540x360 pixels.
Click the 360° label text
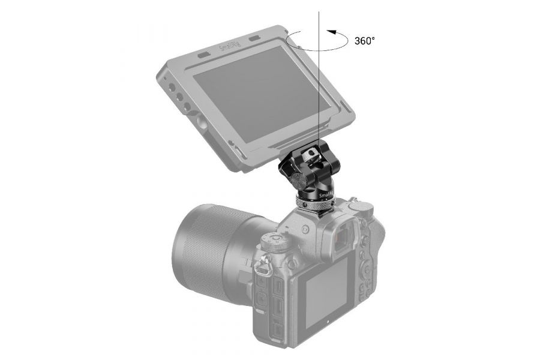pyautogui.click(x=364, y=41)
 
